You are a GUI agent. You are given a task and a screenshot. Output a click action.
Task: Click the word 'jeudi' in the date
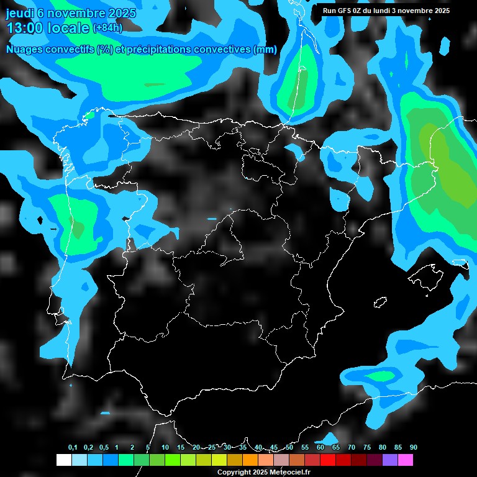20,13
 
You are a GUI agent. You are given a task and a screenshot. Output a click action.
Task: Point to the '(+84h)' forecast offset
107,28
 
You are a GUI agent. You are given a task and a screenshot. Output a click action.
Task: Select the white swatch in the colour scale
63,460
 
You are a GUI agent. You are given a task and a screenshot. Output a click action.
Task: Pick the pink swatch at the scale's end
406,460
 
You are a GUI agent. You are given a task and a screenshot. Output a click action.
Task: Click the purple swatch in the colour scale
390,460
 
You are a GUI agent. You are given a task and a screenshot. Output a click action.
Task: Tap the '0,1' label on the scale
73,448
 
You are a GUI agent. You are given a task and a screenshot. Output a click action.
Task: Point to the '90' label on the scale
414,448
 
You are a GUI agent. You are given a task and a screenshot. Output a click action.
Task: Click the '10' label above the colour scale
165,448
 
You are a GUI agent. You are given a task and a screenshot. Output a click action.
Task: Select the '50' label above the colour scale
289,448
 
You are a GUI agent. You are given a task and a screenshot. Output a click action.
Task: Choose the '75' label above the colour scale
367,448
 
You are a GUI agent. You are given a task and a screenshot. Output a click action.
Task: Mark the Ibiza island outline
379,302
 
